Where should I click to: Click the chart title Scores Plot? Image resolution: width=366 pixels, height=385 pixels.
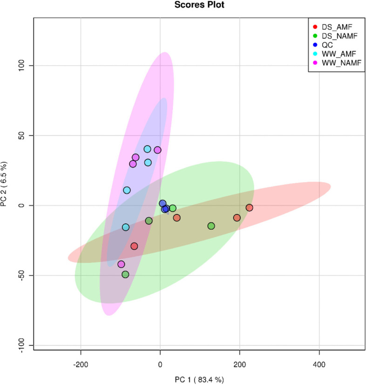[183, 5]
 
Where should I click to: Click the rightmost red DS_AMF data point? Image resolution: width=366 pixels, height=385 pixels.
[249, 207]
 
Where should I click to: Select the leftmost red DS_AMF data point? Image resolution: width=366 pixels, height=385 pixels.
[134, 246]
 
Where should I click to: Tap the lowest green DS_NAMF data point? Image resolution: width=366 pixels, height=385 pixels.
[125, 275]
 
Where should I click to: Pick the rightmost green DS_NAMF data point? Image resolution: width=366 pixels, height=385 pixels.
[211, 226]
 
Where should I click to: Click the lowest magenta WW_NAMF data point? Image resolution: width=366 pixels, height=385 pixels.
[121, 264]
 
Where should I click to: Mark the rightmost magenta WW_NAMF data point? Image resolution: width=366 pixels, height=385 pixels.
[157, 150]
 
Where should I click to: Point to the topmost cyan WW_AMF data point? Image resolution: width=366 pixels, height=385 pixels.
[147, 149]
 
